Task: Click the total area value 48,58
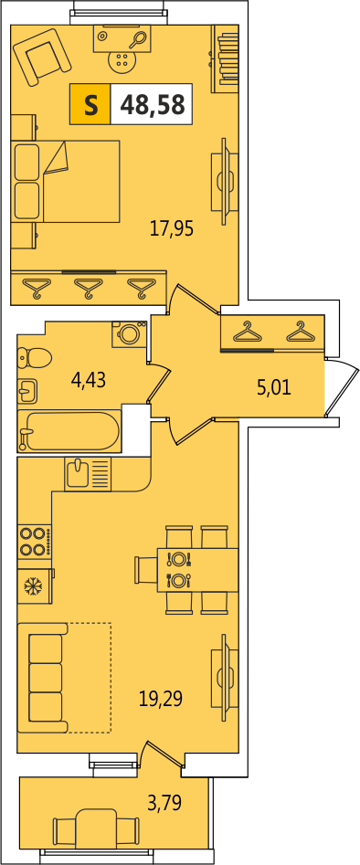[x=153, y=104]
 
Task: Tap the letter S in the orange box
[x=90, y=104]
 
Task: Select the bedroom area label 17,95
[x=172, y=228]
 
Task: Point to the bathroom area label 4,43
[x=89, y=380]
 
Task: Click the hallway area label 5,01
[x=274, y=387]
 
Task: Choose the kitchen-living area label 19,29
[x=161, y=700]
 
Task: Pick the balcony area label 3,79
[x=164, y=801]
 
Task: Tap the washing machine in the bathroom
[x=130, y=334]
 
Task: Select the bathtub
[x=69, y=431]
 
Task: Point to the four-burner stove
[x=35, y=542]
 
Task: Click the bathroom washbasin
[x=27, y=392]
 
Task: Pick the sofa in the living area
[x=43, y=678]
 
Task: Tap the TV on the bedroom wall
[x=224, y=181]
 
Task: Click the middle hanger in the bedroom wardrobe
[x=89, y=288]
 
